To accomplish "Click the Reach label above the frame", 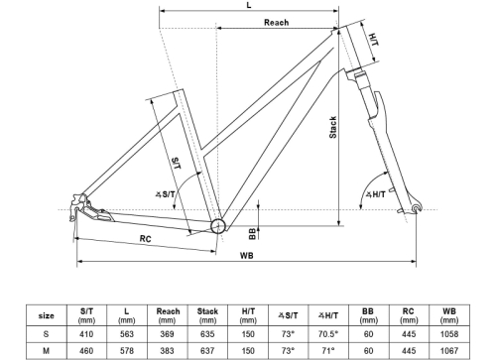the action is (x=276, y=22).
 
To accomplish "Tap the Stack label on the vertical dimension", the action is (x=333, y=127).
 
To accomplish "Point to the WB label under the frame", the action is (x=247, y=256).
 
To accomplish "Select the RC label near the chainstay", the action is (x=146, y=239).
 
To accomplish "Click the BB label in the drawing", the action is (x=252, y=234).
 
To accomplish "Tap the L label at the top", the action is (x=249, y=5).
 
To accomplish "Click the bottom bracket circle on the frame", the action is (x=218, y=226).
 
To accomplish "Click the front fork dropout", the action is (x=417, y=207).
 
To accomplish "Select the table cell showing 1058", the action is (x=449, y=334).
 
